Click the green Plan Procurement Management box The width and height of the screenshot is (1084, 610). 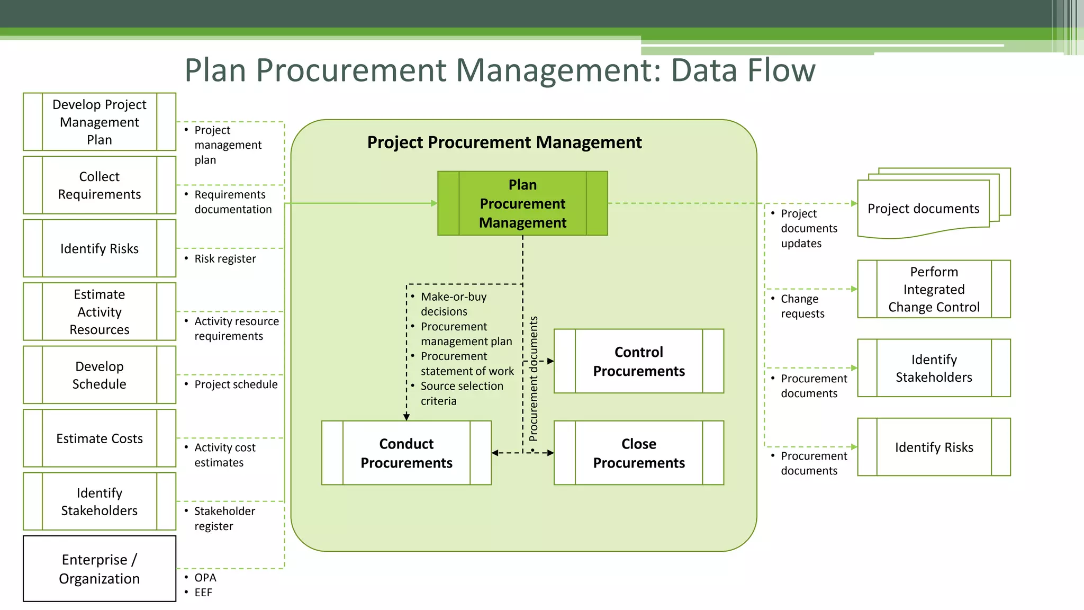[522, 203]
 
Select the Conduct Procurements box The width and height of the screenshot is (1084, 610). [406, 453]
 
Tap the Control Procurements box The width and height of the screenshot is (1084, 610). [638, 361]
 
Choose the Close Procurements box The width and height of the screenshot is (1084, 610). [638, 453]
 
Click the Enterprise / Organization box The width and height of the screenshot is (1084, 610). [100, 569]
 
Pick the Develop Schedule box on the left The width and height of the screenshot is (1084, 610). [100, 375]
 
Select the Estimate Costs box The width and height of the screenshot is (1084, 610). [100, 438]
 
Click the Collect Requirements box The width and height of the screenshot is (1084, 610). [100, 185]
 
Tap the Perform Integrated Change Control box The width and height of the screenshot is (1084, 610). [934, 289]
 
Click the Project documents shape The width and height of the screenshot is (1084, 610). [923, 209]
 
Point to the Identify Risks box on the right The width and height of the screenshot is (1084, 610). [934, 447]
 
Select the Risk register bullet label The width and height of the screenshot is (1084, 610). [225, 259]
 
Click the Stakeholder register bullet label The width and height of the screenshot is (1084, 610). [224, 518]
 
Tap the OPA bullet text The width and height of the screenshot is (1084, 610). [205, 578]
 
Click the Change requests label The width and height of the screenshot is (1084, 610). [802, 306]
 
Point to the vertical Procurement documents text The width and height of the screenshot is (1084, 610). [534, 379]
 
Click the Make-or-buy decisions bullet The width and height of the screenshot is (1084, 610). [453, 304]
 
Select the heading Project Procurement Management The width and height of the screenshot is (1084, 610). [504, 142]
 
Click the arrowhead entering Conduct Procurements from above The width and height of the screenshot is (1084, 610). [406, 417]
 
